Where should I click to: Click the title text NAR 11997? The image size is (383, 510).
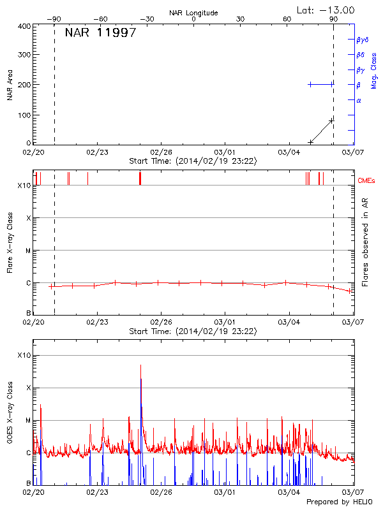(100, 33)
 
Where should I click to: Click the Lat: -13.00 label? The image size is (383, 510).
(326, 10)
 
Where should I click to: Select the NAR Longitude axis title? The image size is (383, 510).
(193, 12)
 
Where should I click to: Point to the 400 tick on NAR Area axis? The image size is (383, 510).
(24, 26)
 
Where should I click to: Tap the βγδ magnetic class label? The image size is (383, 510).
(363, 40)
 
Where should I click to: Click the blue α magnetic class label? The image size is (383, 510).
(359, 100)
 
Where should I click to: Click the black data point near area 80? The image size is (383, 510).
(331, 120)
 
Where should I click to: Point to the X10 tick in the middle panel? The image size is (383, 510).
(24, 186)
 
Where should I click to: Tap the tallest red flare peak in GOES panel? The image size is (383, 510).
(141, 366)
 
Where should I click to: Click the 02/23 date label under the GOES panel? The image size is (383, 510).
(97, 493)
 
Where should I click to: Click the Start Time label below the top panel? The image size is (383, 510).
(193, 161)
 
